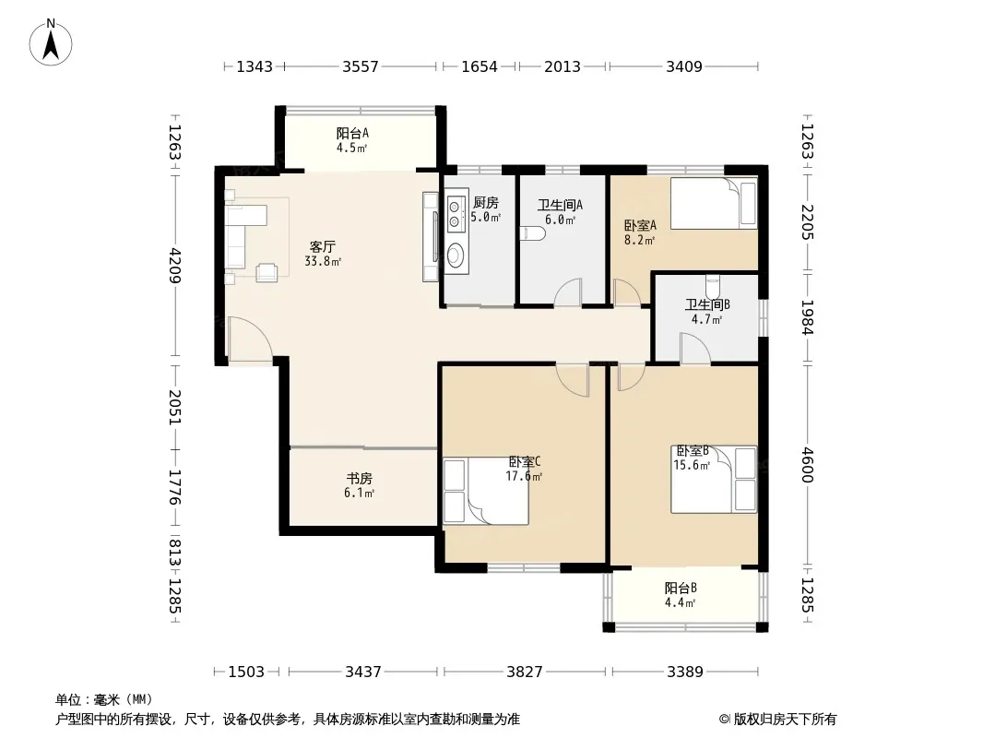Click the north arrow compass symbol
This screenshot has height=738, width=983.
pos(51,42)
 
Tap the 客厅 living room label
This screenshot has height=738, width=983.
pos(322,246)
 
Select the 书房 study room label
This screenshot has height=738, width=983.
pos(360,479)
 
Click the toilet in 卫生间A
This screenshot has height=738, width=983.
pos(534,234)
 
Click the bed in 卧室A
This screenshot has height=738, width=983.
pos(714,203)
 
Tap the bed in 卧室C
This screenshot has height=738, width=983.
pos(486,492)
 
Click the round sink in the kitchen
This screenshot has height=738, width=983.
pos(456,255)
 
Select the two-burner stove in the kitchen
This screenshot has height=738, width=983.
pos(455,212)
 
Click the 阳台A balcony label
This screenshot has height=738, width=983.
pos(352,133)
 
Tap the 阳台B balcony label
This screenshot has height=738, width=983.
pos(681,589)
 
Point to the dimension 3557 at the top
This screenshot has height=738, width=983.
pos(360,66)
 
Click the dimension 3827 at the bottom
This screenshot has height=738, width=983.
pos(525,673)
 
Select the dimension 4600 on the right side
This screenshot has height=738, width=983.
pos(807,465)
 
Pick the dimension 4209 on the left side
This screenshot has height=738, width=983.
pos(175,266)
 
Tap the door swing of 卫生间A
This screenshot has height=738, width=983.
pos(568,292)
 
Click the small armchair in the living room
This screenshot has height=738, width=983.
pos(267,271)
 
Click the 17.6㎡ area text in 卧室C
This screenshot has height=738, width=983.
pos(524,477)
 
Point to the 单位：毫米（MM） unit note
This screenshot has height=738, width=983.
pos(105,700)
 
